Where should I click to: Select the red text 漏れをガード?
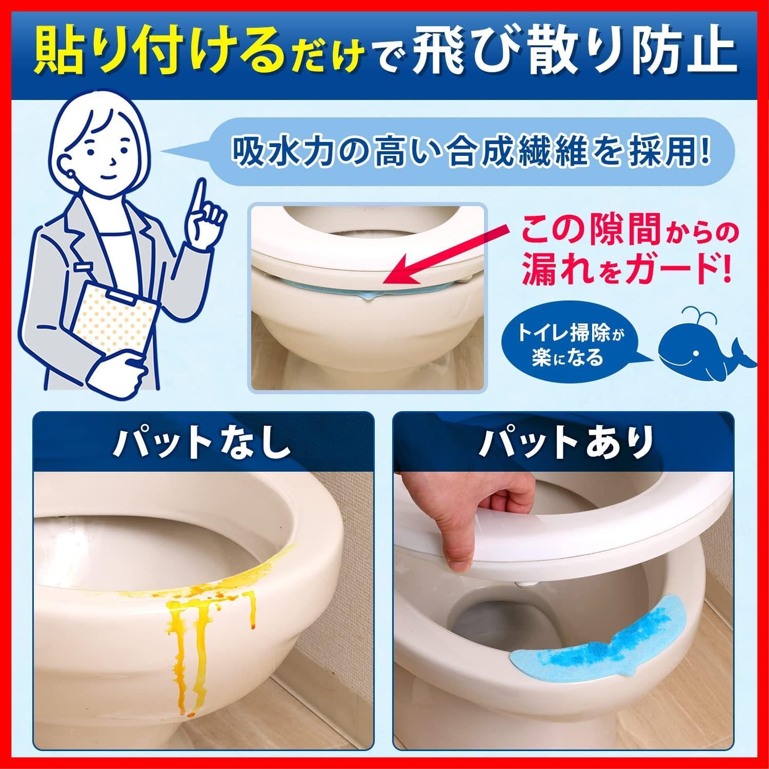coord(625,272)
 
